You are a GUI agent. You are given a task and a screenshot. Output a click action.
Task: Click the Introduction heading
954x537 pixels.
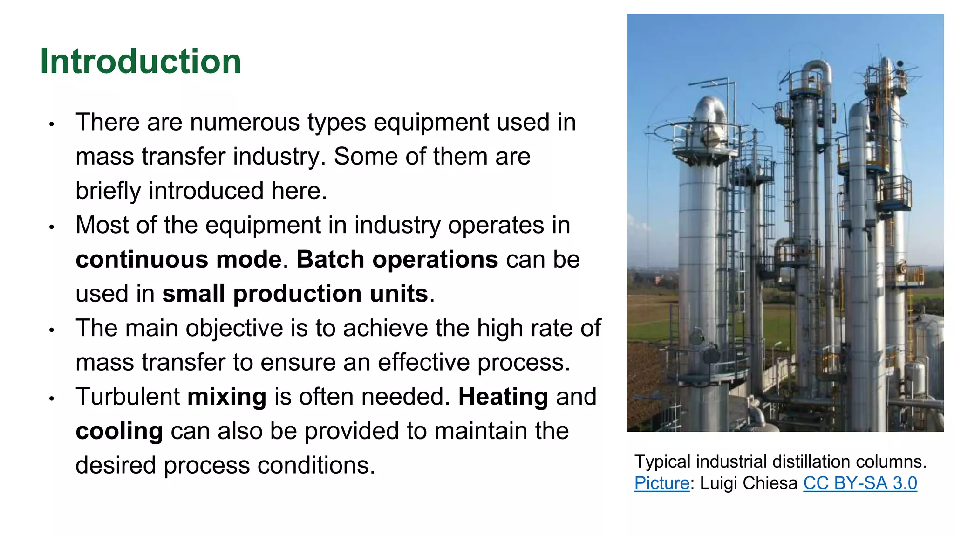click(x=140, y=62)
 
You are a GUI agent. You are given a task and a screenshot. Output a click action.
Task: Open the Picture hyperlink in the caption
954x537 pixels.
click(x=661, y=483)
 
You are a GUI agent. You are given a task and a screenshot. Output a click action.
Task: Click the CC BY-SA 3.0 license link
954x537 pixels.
click(x=860, y=483)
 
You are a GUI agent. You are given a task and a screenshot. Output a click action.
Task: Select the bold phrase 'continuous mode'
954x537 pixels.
click(x=179, y=260)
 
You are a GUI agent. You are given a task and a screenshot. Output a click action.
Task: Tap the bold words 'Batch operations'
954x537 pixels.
click(x=397, y=260)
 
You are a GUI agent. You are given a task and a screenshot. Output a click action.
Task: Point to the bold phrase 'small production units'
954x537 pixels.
click(x=295, y=294)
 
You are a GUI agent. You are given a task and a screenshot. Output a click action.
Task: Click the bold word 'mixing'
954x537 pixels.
click(x=227, y=397)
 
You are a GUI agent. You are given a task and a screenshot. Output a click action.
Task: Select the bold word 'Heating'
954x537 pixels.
click(x=503, y=397)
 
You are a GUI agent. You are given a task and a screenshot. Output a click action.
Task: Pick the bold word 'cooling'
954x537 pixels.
click(x=119, y=432)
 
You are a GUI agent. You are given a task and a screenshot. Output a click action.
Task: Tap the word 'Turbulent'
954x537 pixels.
click(x=128, y=397)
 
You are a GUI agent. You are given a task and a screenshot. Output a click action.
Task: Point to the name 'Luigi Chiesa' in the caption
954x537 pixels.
click(x=749, y=483)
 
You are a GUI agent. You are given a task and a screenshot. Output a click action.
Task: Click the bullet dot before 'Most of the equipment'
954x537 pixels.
click(x=52, y=227)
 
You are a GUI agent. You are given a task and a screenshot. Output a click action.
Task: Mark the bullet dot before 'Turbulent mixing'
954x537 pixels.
click(x=52, y=399)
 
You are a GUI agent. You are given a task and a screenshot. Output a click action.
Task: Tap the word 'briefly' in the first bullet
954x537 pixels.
click(x=108, y=191)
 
